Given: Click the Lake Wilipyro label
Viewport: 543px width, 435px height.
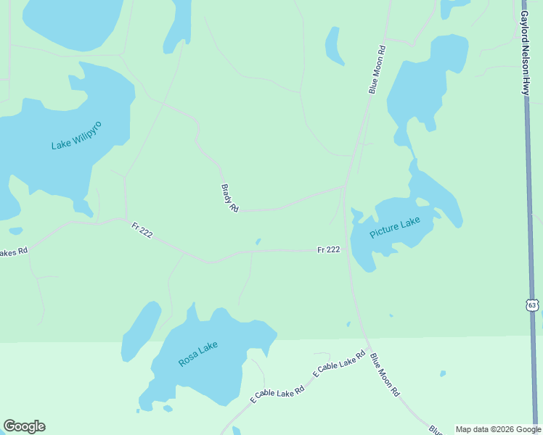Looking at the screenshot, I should pos(76,136).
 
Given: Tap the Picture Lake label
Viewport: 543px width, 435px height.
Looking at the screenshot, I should pos(394,228).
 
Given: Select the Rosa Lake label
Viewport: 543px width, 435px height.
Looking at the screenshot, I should pos(197,354).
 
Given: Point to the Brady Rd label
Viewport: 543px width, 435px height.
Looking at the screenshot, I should pos(229,197).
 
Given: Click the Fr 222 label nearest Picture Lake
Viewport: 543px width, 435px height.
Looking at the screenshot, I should pos(328,249).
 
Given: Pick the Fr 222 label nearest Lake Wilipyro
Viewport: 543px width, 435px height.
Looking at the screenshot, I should pos(142,231).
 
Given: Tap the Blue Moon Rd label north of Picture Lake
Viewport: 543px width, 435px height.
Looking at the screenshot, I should pos(376,70).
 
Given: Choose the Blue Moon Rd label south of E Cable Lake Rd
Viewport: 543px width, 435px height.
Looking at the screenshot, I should pos(385,374).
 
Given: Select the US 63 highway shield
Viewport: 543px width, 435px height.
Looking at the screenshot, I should pos(533,304).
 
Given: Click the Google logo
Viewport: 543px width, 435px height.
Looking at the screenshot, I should pos(24,426).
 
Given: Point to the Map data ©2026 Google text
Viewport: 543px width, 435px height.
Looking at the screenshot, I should pos(497,429).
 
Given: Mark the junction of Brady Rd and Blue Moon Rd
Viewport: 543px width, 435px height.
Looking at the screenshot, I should pos(344,186).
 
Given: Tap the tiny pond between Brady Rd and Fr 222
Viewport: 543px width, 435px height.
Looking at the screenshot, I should pos(258,241).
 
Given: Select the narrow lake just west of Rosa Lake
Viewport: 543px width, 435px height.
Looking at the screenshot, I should pos(140,331).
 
